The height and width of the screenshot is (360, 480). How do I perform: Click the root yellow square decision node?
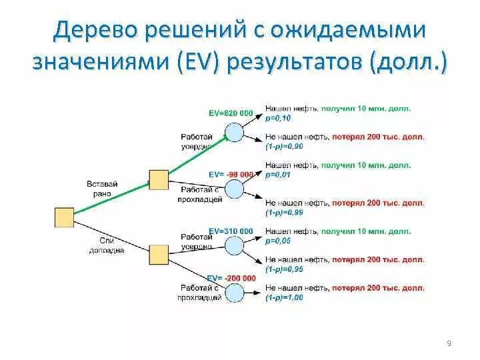[x=64, y=217]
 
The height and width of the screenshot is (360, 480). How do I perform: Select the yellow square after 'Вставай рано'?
[x=158, y=180]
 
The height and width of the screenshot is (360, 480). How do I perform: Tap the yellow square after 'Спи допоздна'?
[x=158, y=255]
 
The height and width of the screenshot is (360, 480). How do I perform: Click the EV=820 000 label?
[x=231, y=113]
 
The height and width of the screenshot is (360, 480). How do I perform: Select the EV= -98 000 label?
[x=231, y=174]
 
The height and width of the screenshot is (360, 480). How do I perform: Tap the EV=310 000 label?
[x=231, y=231]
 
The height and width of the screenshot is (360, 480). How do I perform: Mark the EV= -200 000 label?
[x=231, y=278]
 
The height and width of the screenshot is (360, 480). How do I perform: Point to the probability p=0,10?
[x=279, y=117]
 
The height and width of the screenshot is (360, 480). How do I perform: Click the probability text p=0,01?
[x=279, y=174]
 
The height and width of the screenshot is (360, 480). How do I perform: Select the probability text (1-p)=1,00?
[x=284, y=297]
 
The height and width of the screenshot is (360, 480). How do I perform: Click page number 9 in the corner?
[x=449, y=343]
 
